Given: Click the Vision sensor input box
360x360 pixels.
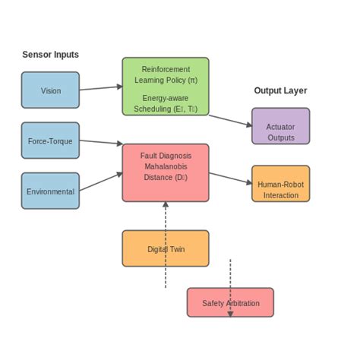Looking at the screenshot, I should coord(50,90).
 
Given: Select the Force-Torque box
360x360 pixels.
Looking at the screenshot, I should coord(50,141).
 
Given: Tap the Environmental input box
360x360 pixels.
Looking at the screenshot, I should coord(50,191).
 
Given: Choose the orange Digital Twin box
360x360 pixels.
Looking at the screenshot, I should coord(166,248).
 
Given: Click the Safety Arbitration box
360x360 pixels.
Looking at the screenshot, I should coord(230,302).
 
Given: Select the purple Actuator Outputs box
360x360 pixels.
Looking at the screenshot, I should coord(280,126).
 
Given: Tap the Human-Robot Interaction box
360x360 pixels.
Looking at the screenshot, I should coord(280,184).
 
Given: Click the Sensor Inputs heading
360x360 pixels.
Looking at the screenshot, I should coord(50,55).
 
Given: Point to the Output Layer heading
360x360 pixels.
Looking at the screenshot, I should coord(280,90).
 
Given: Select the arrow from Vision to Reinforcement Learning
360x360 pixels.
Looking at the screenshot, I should coord(100,88).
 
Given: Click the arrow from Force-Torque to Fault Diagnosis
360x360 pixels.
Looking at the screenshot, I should coord(100,141).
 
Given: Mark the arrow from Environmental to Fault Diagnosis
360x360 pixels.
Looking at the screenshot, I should coord(100,182).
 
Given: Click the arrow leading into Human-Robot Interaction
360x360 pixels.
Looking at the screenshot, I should coord(231,178).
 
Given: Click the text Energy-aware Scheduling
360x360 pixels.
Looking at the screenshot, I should coord(166,103).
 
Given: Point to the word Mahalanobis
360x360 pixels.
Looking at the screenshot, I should coord(166,166).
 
